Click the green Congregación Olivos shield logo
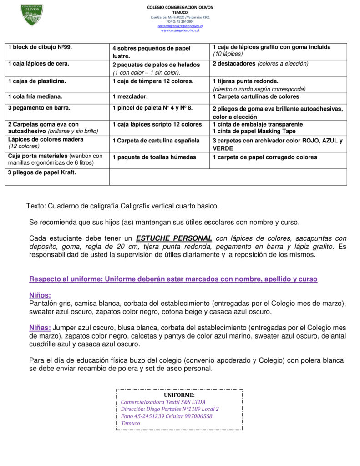pos(32,15)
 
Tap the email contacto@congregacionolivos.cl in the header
pos(180,26)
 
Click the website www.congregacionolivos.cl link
pos(180,30)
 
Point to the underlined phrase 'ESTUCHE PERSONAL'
pos(174,238)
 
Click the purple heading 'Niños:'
pos(40,295)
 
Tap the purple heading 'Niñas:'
pos(40,328)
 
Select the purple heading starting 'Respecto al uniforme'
pos(173,279)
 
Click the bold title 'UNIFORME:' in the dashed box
pos(179,395)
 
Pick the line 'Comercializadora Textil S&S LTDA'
pos(163,402)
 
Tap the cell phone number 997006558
pos(197,416)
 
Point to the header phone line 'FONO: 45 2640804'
pos(180,21)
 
